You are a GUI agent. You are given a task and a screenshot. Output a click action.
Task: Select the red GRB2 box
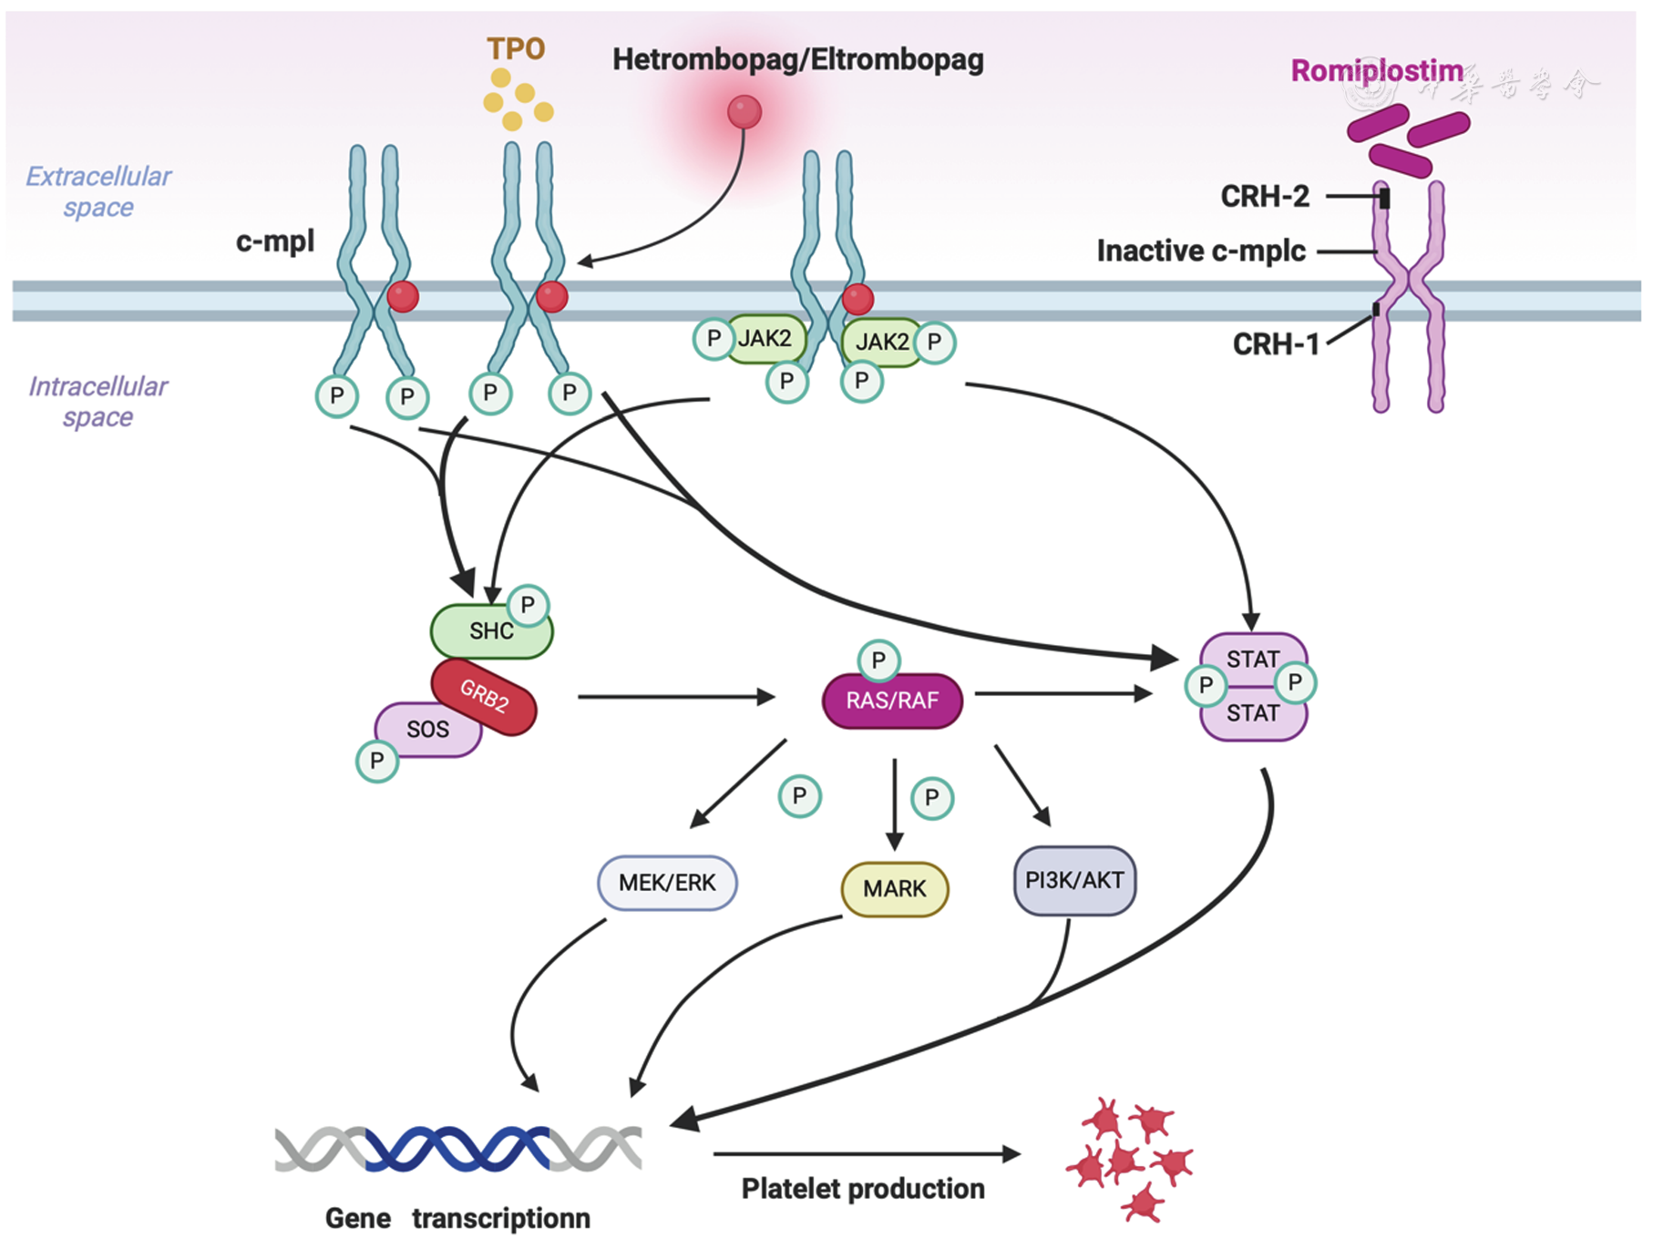click(x=484, y=697)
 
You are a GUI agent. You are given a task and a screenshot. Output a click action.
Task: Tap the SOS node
click(x=426, y=730)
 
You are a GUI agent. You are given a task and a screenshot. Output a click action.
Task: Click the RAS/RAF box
click(x=892, y=701)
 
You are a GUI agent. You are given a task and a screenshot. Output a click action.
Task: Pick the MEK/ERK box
click(x=667, y=883)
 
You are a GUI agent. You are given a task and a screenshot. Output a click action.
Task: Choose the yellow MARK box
click(x=894, y=889)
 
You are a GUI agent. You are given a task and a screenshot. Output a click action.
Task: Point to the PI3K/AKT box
click(x=1074, y=881)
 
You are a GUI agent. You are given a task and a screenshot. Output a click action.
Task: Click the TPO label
click(x=516, y=49)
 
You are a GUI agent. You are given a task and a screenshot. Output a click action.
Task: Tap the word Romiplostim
click(x=1376, y=71)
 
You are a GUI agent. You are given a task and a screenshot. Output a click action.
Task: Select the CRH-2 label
click(x=1265, y=197)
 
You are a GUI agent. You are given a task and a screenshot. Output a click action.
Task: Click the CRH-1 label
click(x=1276, y=344)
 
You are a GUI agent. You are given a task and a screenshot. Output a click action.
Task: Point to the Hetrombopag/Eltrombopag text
click(x=797, y=60)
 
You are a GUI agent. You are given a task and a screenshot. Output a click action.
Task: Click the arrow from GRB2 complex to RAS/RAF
click(x=675, y=697)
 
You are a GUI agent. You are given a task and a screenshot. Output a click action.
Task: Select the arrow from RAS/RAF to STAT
click(x=1063, y=694)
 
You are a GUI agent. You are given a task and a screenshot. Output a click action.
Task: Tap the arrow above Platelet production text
click(x=866, y=1154)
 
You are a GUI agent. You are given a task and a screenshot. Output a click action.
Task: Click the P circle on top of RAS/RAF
click(x=878, y=660)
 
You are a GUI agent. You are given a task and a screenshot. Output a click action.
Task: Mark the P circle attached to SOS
click(x=377, y=761)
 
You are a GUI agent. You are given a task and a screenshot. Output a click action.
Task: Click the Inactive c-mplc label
click(x=1200, y=251)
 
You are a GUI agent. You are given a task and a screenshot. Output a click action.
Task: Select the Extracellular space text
click(x=98, y=191)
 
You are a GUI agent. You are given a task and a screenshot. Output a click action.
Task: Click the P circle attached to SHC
click(x=528, y=605)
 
